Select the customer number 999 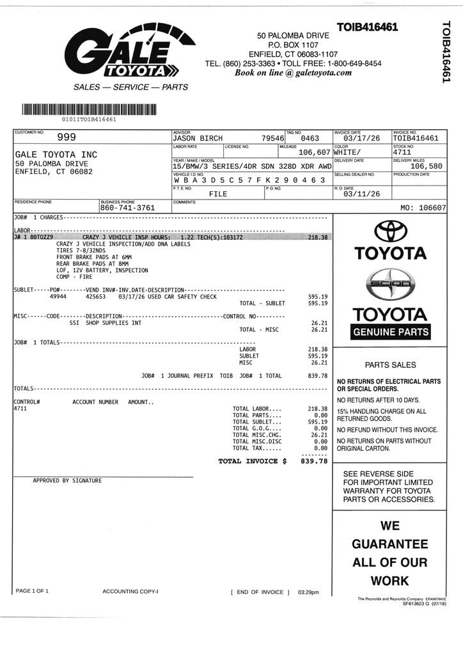(67, 137)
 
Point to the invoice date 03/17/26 (361, 138)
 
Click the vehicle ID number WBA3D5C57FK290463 (249, 181)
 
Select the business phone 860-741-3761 (127, 208)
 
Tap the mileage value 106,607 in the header (314, 153)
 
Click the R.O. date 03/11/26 (361, 194)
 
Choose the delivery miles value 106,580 (426, 166)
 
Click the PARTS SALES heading (390, 365)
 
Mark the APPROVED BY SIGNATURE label (67, 480)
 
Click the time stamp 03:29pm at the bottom (309, 592)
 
